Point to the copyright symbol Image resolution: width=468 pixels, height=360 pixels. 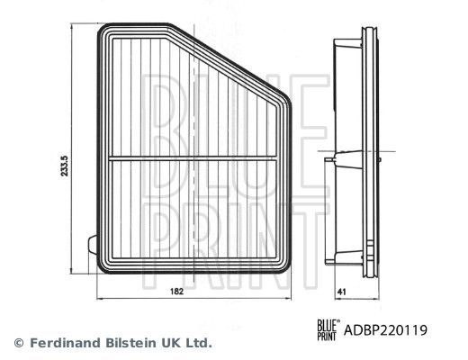[x=18, y=343]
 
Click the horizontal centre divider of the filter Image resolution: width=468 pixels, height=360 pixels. [x=193, y=161]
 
